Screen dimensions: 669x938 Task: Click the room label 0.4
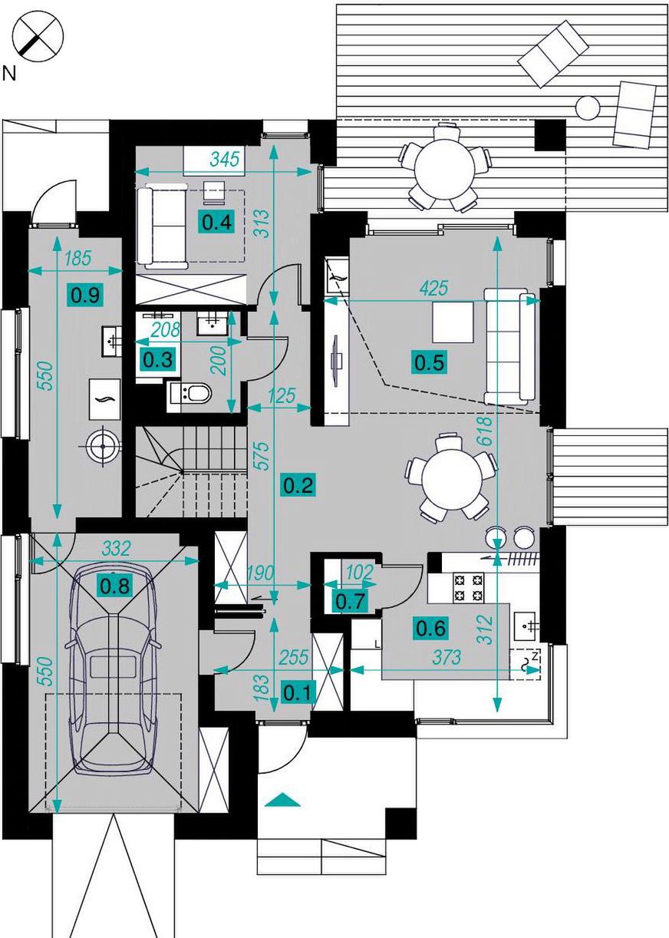click(216, 223)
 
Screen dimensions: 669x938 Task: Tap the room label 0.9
click(85, 296)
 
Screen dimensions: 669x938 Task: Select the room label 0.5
click(430, 362)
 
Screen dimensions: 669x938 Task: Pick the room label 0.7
click(351, 602)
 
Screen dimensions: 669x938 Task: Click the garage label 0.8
click(115, 586)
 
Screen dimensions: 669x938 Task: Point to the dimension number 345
click(226, 159)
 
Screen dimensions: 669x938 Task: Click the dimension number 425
click(433, 288)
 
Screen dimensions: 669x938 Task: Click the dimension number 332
click(116, 549)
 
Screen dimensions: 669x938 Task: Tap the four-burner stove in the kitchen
click(468, 587)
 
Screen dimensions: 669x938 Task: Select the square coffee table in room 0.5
click(453, 322)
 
